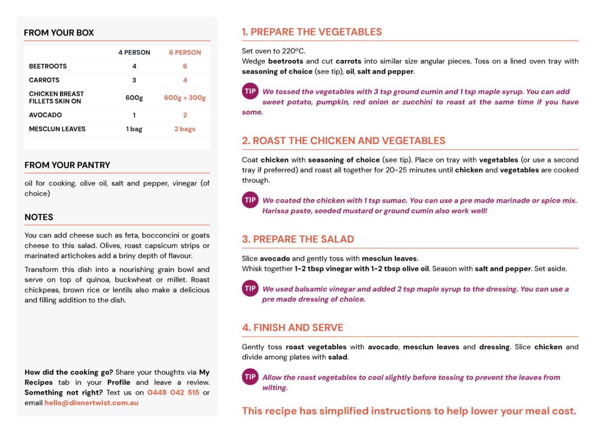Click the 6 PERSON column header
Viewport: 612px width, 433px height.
pyautogui.click(x=185, y=52)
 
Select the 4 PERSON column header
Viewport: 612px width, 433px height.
pyautogui.click(x=134, y=52)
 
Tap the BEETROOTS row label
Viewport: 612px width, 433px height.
pyautogui.click(x=48, y=66)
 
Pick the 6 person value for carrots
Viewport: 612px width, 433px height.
pyautogui.click(x=185, y=80)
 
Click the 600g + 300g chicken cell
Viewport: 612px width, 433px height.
pyautogui.click(x=185, y=98)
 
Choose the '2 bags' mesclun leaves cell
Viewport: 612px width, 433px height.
pyautogui.click(x=185, y=129)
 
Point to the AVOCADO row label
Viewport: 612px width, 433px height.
pyautogui.click(x=45, y=115)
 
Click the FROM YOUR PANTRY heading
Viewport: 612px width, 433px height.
pyautogui.click(x=67, y=165)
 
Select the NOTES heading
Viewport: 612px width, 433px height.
pyautogui.click(x=39, y=217)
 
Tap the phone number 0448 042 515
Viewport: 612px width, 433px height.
pyautogui.click(x=173, y=392)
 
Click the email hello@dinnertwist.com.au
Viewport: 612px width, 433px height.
pyautogui.click(x=91, y=403)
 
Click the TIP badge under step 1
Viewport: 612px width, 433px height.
pyautogui.click(x=250, y=91)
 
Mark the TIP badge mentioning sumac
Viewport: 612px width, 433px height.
pyautogui.click(x=250, y=200)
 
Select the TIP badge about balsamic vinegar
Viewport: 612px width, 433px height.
pyautogui.click(x=250, y=288)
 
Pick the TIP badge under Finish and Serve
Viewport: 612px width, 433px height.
pyautogui.click(x=250, y=377)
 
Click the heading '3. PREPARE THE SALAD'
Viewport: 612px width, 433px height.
pyautogui.click(x=298, y=239)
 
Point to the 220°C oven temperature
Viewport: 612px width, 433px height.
pyautogui.click(x=293, y=51)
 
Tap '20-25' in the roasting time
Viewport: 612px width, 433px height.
pyautogui.click(x=396, y=170)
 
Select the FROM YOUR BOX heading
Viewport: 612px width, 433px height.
pyautogui.click(x=59, y=33)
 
